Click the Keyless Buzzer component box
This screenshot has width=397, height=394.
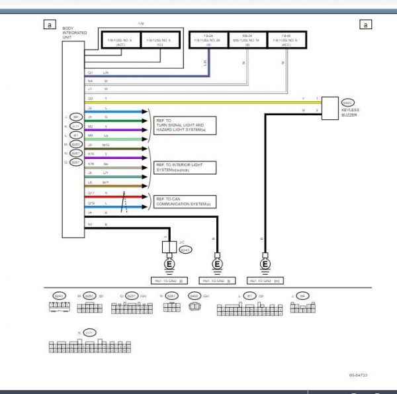(x=330, y=106)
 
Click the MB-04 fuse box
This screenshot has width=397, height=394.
(x=245, y=40)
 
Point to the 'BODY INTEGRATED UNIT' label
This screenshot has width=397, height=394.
(x=71, y=34)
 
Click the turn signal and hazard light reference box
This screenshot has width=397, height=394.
(x=181, y=125)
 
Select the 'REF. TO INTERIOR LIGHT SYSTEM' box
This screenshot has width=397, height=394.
(x=185, y=166)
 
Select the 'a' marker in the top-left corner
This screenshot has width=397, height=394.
(x=48, y=25)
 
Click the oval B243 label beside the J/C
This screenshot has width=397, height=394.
(x=186, y=250)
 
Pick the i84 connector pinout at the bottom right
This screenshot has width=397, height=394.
(x=303, y=307)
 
